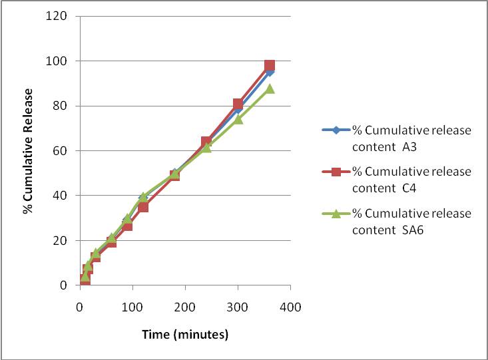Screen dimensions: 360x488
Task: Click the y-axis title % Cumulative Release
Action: pyautogui.click(x=28, y=150)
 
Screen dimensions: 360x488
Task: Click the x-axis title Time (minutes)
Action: pyautogui.click(x=185, y=334)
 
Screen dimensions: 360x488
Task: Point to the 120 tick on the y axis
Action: pyautogui.click(x=58, y=16)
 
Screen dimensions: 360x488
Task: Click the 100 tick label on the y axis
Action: pyautogui.click(x=58, y=61)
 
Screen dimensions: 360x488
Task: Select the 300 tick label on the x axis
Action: pyautogui.click(x=238, y=307)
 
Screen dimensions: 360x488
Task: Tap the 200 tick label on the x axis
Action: pyautogui.click(x=185, y=307)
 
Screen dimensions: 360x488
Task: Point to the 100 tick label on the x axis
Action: pyautogui.click(x=132, y=307)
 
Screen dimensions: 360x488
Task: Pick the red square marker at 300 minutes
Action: pyautogui.click(x=238, y=104)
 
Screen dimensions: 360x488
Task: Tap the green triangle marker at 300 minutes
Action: pyautogui.click(x=238, y=119)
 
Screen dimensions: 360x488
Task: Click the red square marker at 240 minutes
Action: pyautogui.click(x=206, y=142)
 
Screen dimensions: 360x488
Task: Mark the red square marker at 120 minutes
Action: pyautogui.click(x=143, y=207)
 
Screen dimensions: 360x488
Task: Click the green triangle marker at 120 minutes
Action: pyautogui.click(x=143, y=197)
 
